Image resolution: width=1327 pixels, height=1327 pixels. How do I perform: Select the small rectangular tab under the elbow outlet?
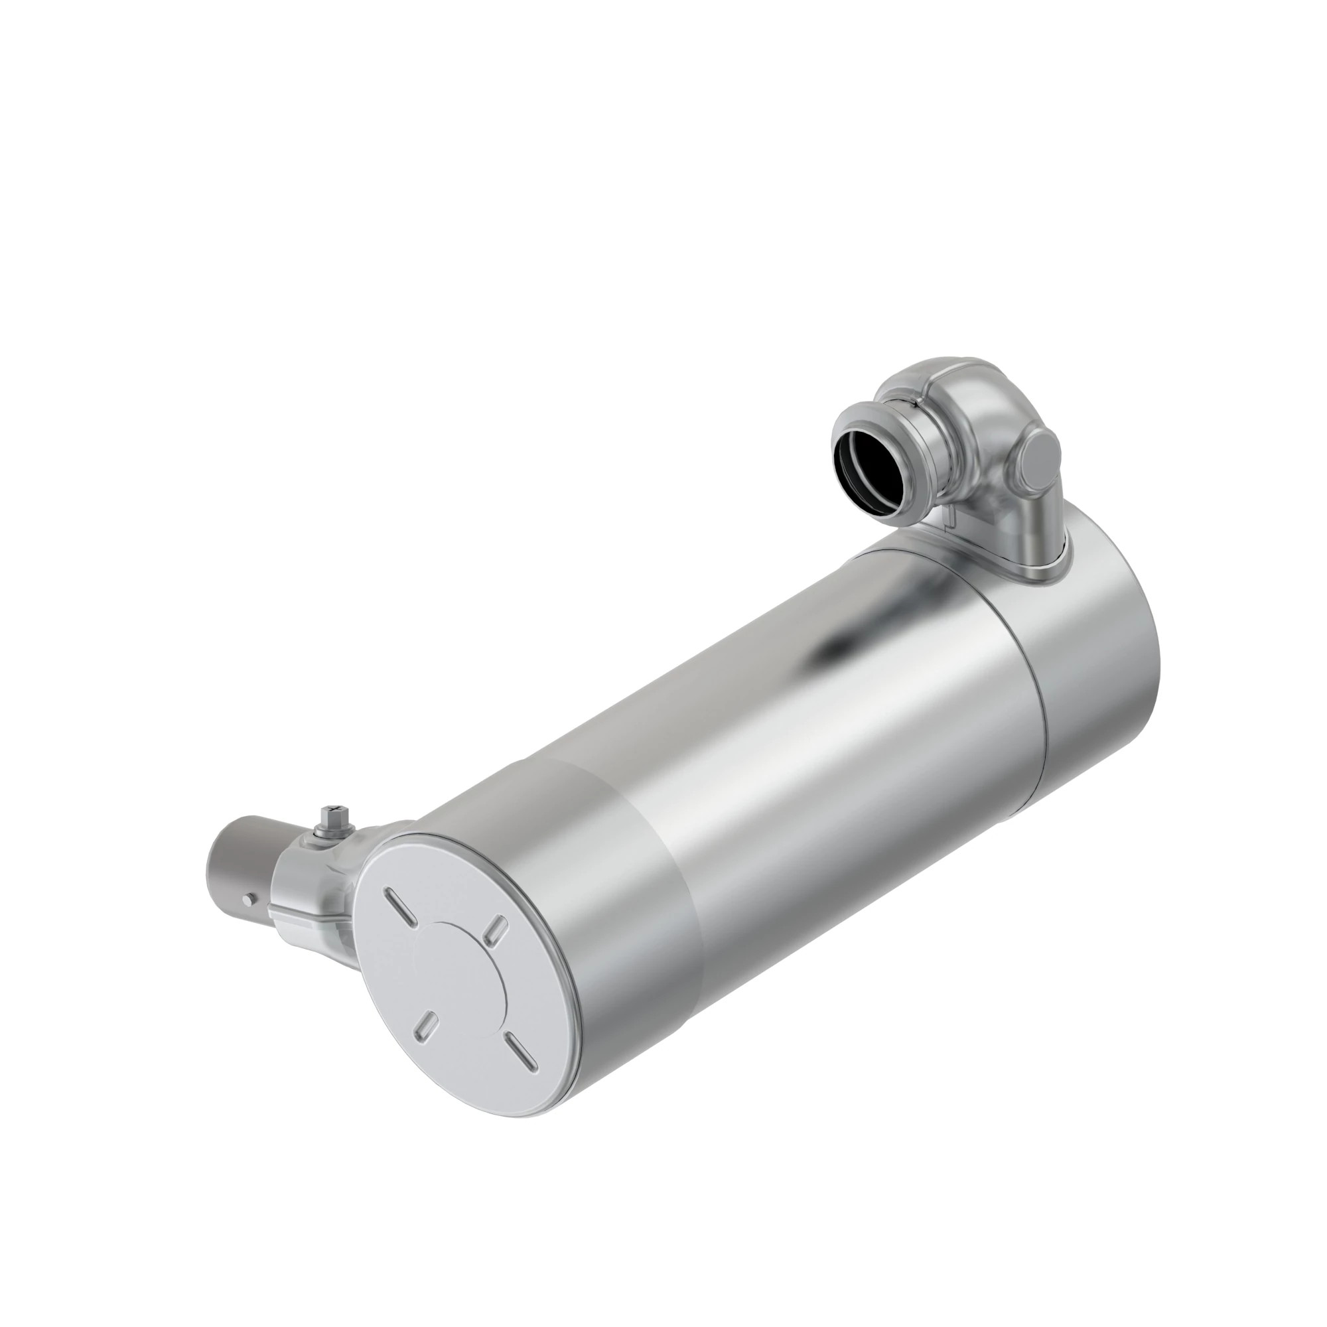pyautogui.click(x=951, y=521)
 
